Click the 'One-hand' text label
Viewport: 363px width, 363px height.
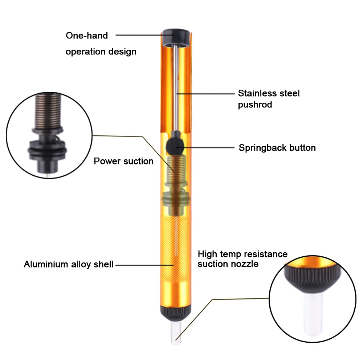[87, 36]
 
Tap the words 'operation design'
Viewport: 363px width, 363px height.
[101, 52]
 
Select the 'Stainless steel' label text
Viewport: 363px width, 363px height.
[269, 93]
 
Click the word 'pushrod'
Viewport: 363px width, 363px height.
[255, 105]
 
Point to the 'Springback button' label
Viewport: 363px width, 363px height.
[277, 148]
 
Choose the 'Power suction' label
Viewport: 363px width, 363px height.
[124, 161]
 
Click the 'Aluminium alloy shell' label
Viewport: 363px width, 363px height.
[69, 264]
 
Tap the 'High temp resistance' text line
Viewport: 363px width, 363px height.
[242, 254]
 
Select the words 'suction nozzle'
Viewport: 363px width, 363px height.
[228, 264]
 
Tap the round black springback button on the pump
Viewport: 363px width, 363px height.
[175, 147]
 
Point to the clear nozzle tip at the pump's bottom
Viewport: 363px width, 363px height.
[176, 333]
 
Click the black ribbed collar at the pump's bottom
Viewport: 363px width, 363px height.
[176, 314]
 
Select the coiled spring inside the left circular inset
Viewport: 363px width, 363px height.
[48, 111]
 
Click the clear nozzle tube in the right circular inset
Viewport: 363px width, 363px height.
[313, 314]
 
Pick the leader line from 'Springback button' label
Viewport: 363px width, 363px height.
[205, 147]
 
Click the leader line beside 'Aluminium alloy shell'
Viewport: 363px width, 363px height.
[144, 265]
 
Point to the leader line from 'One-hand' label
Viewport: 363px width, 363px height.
[145, 35]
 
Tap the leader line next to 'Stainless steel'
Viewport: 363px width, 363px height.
[205, 94]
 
